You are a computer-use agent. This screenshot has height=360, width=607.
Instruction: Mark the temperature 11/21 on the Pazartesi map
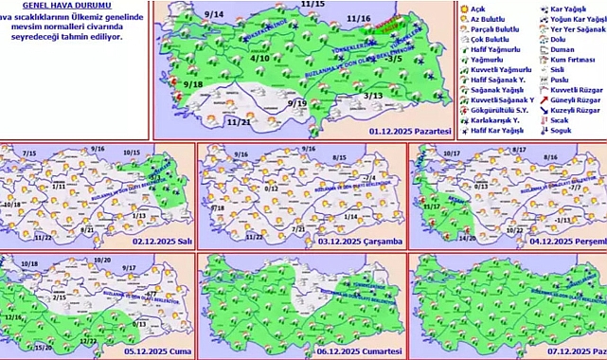click(x=212, y=121)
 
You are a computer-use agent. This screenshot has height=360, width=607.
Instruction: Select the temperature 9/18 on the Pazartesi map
click(x=194, y=85)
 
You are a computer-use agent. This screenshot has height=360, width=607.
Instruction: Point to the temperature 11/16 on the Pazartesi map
click(x=359, y=18)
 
